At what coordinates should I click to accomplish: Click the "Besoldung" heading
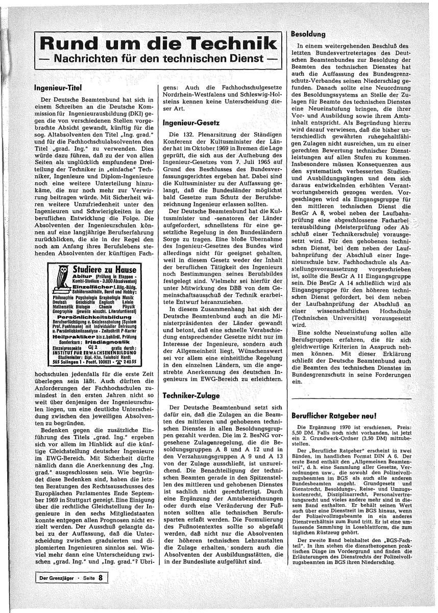point(308,35)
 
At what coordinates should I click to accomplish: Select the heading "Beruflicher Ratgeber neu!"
point(334,416)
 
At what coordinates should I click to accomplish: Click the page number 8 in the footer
point(101,578)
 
